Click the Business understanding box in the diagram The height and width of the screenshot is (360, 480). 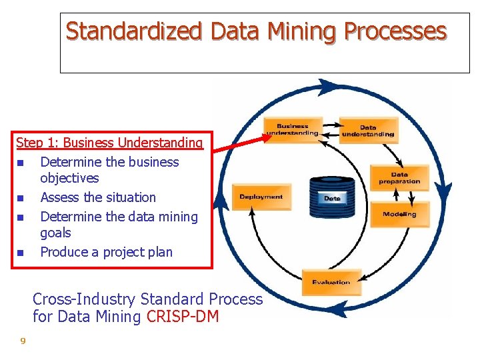click(x=293, y=129)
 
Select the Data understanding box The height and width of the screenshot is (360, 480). click(x=368, y=131)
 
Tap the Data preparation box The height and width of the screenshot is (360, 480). click(x=399, y=178)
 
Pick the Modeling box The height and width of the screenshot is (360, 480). click(x=399, y=214)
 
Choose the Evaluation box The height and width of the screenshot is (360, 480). click(x=331, y=281)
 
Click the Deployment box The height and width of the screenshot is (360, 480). click(x=261, y=197)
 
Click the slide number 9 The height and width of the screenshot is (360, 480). click(x=23, y=341)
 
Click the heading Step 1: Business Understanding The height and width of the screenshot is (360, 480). click(x=109, y=142)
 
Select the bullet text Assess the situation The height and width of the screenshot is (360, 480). click(x=98, y=197)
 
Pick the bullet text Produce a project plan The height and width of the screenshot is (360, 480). click(x=106, y=252)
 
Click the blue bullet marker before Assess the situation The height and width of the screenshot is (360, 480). click(x=21, y=198)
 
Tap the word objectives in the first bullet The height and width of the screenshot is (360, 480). click(x=69, y=178)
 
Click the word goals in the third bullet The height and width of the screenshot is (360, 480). click(x=55, y=233)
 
